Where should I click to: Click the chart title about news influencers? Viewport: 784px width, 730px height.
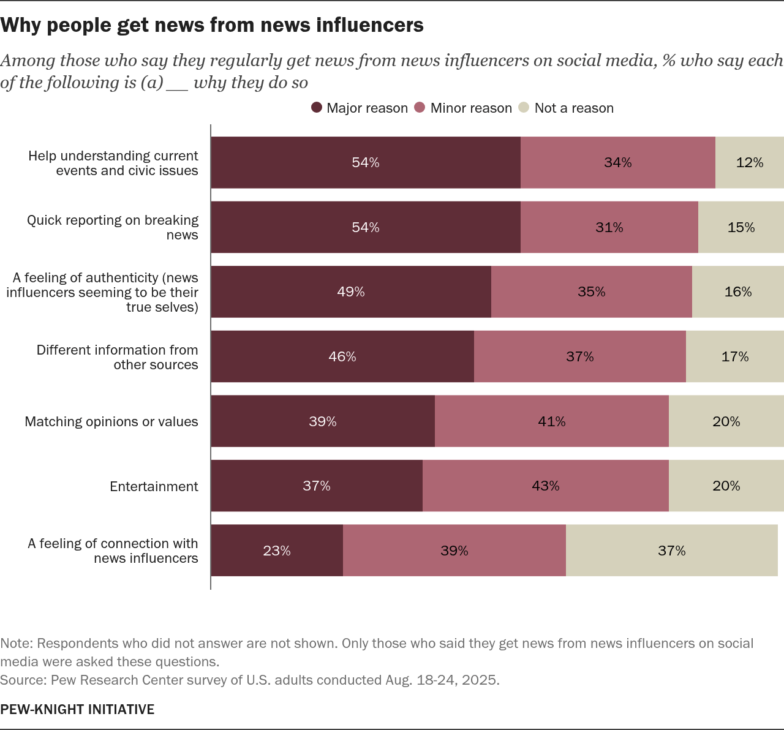coord(212,25)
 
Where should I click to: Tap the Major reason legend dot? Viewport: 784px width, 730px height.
coord(317,108)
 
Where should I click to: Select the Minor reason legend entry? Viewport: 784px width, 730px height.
coord(464,108)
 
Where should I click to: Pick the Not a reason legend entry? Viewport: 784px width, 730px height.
coord(566,108)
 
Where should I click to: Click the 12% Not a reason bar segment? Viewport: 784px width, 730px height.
coord(749,162)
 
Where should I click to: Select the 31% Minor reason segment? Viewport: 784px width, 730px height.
coord(609,227)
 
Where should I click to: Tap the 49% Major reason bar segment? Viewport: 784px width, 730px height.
coord(351,292)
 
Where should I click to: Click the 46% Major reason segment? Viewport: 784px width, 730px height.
coord(342,356)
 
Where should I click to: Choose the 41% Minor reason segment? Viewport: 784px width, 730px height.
coord(551,421)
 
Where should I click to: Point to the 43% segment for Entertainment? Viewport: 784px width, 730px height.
coord(545,486)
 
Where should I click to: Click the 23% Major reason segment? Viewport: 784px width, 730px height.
coord(277,551)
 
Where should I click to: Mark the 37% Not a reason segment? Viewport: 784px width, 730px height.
coord(671,551)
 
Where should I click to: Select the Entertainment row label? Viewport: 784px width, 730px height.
coord(154,486)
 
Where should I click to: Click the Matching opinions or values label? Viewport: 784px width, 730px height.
coord(111,421)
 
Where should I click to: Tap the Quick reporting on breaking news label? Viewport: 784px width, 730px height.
coord(113,227)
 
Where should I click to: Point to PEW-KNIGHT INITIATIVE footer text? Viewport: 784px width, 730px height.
coord(77,709)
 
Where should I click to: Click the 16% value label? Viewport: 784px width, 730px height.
coord(738,292)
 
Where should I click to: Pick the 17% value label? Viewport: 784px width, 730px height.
coord(735,356)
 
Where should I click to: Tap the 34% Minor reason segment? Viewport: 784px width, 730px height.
coord(617,162)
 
